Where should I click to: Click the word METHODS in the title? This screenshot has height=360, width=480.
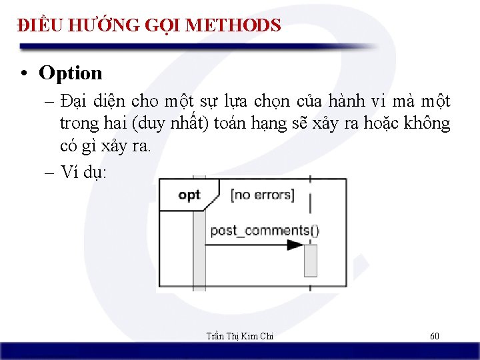coord(233,25)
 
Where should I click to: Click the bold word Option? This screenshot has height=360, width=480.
coord(71,73)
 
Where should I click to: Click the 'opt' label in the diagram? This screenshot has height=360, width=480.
coord(189,195)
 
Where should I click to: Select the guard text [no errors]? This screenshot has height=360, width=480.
coord(262,195)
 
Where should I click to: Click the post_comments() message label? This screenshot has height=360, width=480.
coord(265,231)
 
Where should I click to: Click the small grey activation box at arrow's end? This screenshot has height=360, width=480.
coord(311,260)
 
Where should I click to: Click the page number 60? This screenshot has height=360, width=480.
coord(434,336)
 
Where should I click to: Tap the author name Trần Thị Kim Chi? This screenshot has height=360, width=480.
coord(239,336)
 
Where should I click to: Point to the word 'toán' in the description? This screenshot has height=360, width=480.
coord(227,124)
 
